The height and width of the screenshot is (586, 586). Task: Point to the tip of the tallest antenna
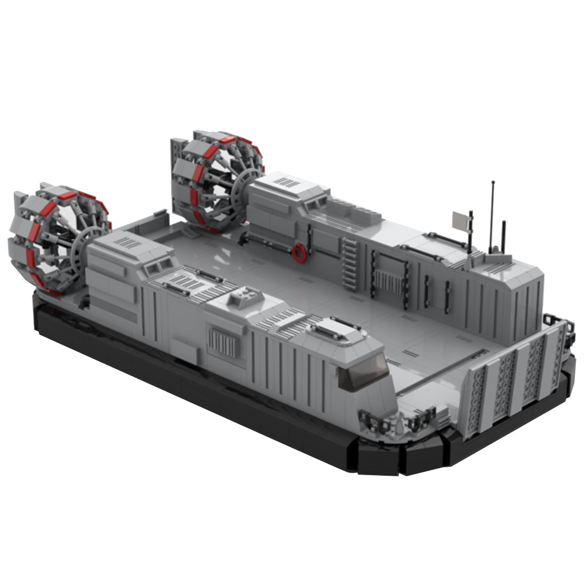(492, 183)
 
